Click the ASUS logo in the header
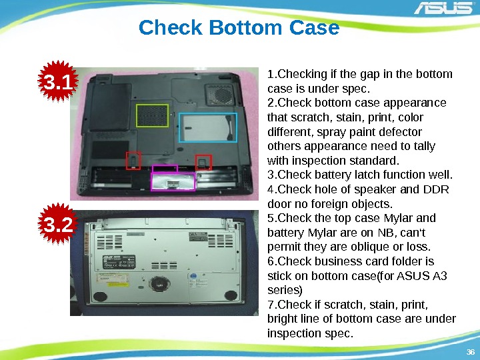(443, 7)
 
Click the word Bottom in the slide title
(245, 27)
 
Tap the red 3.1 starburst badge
(58, 81)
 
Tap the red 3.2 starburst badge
(58, 224)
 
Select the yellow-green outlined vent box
(152, 115)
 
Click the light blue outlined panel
(208, 127)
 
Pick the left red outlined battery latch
(133, 160)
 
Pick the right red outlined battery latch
(203, 162)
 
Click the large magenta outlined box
(173, 181)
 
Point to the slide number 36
(470, 352)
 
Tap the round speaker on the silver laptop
(159, 283)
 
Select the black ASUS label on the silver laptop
(119, 262)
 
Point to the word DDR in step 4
(436, 189)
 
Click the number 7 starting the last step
(271, 305)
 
